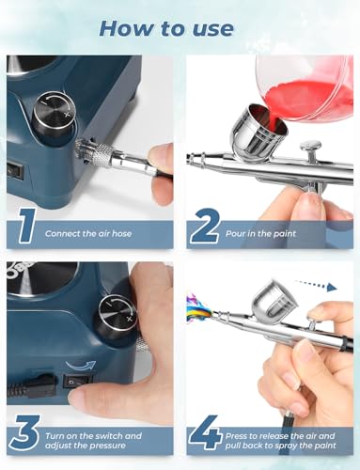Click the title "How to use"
pyautogui.click(x=180, y=25)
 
